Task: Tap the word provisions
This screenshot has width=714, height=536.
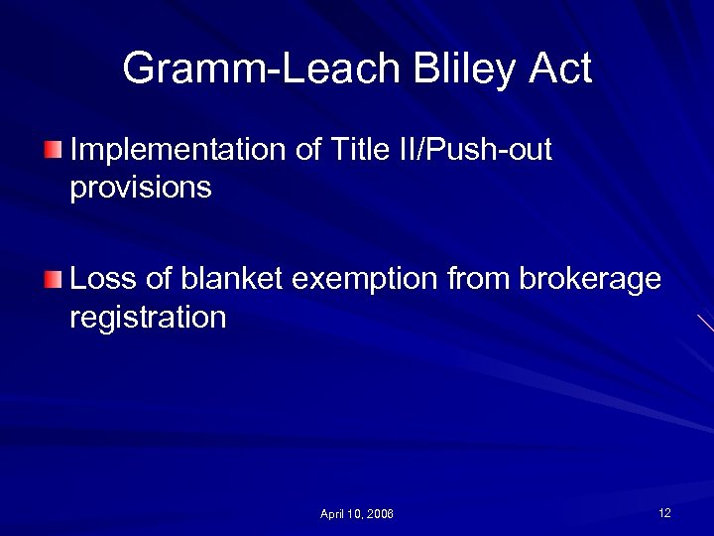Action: [141, 188]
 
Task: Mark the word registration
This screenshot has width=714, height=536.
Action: [148, 318]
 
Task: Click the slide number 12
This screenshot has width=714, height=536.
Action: [664, 512]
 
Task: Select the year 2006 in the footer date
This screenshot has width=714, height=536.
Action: [379, 514]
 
